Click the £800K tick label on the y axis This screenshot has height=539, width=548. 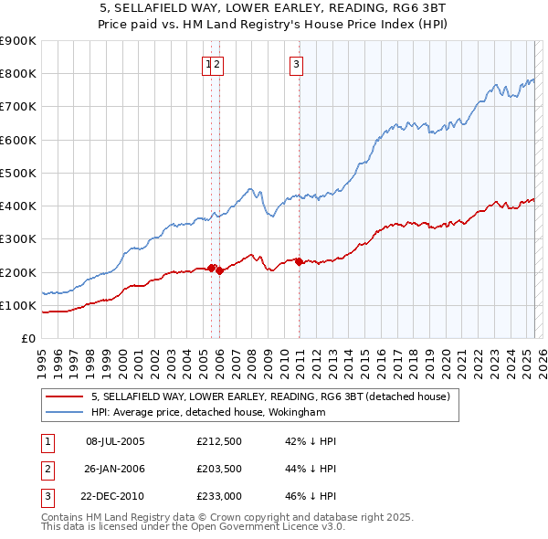(x=18, y=74)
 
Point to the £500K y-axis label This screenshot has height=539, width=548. (x=18, y=173)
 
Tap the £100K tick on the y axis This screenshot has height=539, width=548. (x=18, y=305)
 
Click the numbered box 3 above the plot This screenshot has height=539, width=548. (x=298, y=64)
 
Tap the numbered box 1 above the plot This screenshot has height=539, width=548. (x=209, y=64)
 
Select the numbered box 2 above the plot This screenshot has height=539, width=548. (x=219, y=64)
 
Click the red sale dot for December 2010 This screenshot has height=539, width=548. (x=300, y=261)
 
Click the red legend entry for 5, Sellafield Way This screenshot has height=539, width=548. (x=269, y=397)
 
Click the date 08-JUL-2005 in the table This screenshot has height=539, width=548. (x=115, y=441)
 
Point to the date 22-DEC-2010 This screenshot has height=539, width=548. (x=116, y=498)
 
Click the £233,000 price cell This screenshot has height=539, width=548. (x=218, y=498)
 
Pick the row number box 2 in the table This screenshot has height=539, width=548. (x=47, y=470)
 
